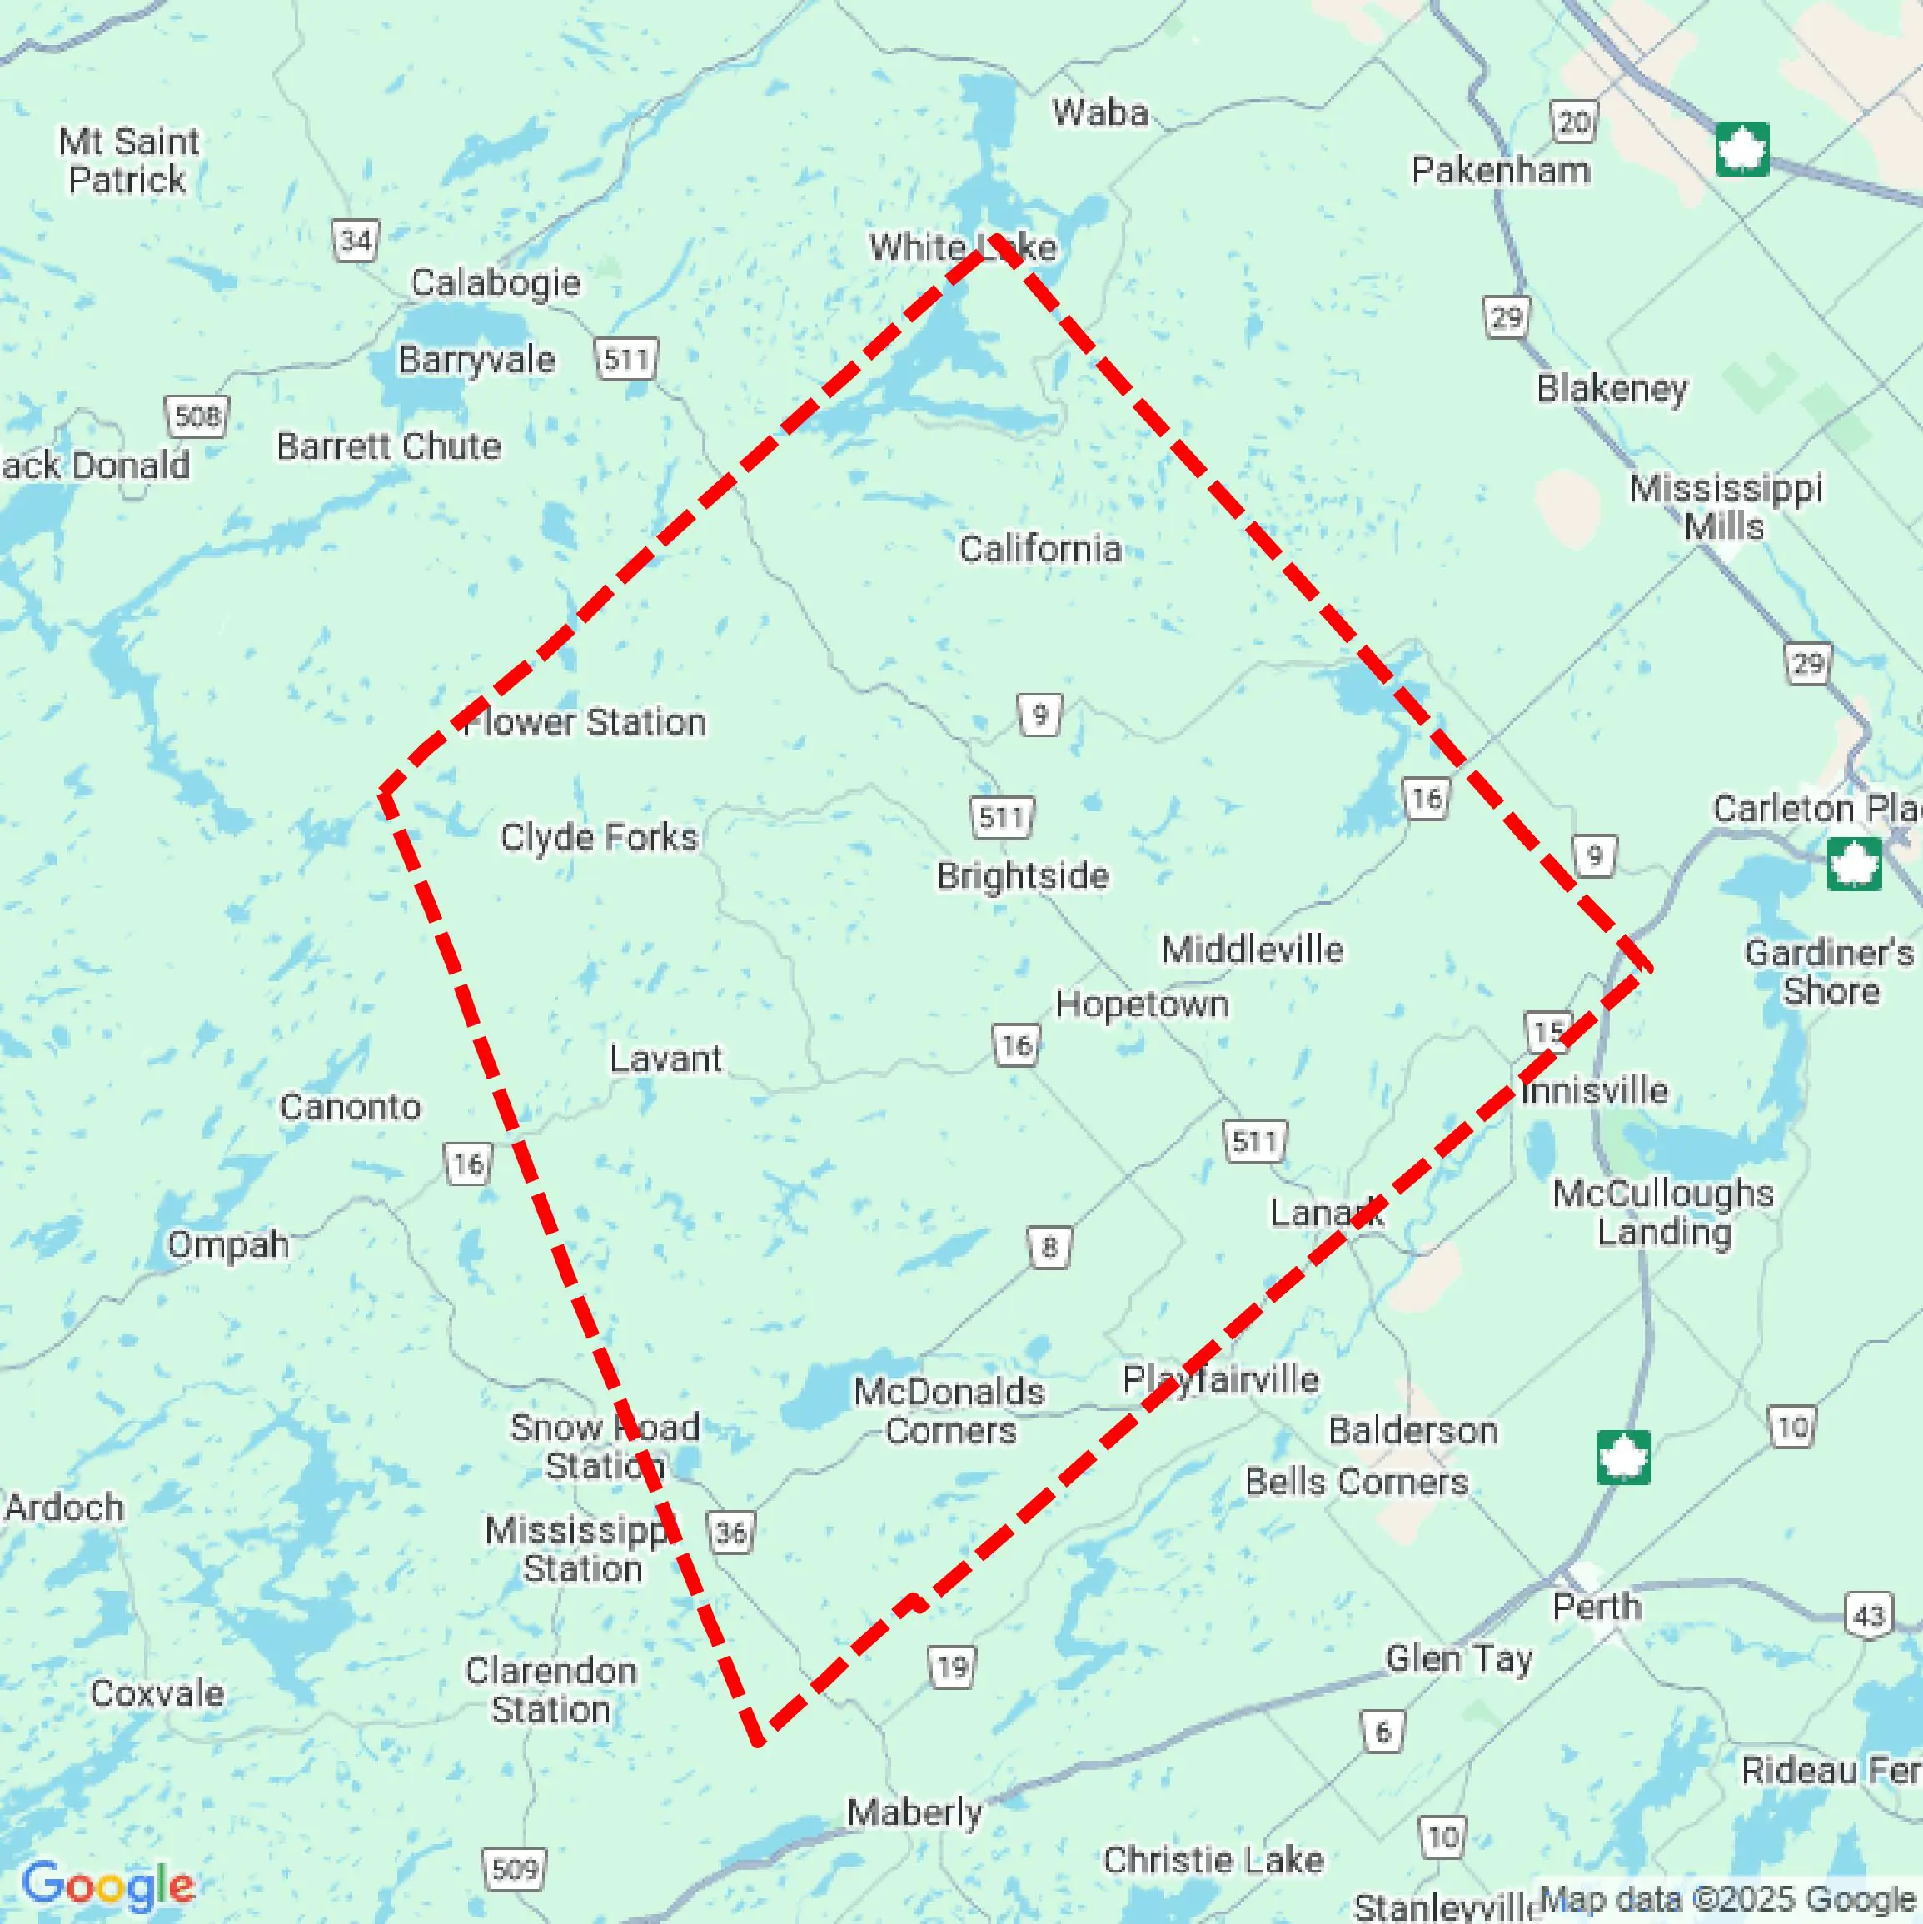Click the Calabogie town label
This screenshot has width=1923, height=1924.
(495, 283)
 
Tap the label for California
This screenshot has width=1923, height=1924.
(1039, 549)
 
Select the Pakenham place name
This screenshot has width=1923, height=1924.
(1500, 170)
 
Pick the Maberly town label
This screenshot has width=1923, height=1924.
(914, 1812)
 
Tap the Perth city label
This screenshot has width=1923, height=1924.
(1596, 1607)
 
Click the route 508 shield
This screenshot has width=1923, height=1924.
(197, 416)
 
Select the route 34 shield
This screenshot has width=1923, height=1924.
(355, 240)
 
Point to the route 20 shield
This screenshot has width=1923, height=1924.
(1573, 122)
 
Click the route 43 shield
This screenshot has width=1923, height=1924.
(1868, 1614)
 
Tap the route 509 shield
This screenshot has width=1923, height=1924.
(514, 1868)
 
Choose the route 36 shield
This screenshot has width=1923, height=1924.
(731, 1532)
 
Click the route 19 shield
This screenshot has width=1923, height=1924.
(952, 1667)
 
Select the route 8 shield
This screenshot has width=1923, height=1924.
(1049, 1247)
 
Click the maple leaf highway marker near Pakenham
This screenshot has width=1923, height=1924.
(1741, 149)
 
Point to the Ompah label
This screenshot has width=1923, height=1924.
(228, 1244)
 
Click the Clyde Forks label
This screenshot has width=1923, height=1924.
(599, 836)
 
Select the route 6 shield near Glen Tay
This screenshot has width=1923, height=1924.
(1382, 1732)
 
